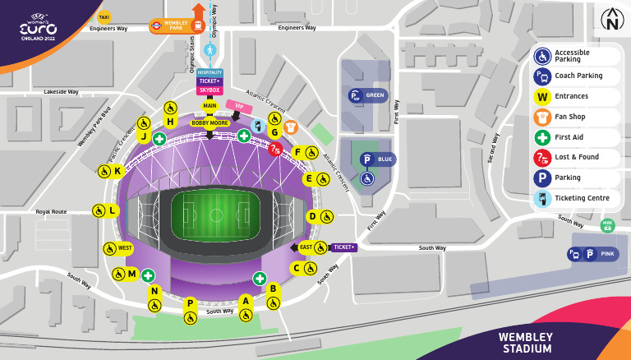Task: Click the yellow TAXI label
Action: [104, 16]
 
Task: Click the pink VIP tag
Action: [239, 106]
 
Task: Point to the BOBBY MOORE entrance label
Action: [210, 123]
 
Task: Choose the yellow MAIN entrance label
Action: [210, 106]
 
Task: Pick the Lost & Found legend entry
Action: [578, 157]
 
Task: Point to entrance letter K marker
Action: [117, 171]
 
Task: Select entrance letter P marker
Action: [190, 303]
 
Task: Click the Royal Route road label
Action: [51, 211]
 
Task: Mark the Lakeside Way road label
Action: [61, 92]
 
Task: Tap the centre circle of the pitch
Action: [216, 215]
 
